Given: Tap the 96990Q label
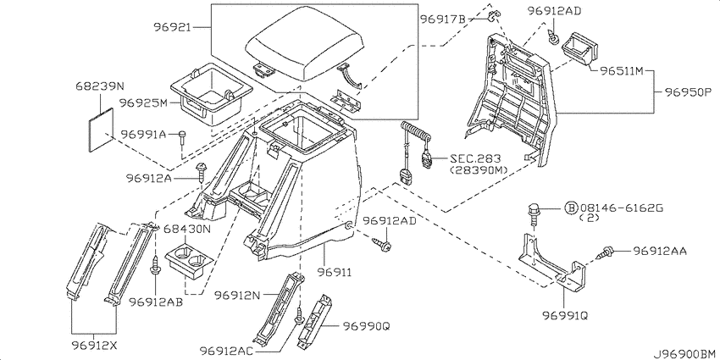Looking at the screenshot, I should (366, 325).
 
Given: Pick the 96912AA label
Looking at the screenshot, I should (662, 251).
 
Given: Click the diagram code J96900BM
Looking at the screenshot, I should (684, 352).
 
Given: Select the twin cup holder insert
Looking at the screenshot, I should (187, 259).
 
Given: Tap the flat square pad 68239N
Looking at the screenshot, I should (102, 126).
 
